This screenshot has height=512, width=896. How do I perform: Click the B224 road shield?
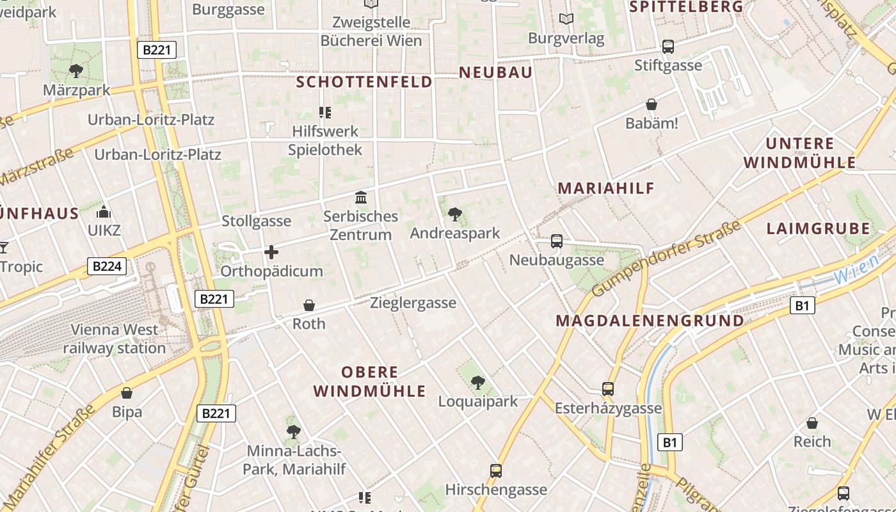107,266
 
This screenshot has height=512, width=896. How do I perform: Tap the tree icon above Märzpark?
76,70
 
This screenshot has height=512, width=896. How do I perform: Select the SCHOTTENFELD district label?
364,82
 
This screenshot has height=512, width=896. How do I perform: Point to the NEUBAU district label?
495,72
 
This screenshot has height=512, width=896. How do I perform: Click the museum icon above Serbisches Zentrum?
361,197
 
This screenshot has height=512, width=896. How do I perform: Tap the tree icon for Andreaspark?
455,214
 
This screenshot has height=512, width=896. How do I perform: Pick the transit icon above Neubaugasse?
557,241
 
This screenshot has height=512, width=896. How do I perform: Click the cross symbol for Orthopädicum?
271,252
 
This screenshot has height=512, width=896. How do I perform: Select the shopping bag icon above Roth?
309,305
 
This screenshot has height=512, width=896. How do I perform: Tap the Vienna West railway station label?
115,339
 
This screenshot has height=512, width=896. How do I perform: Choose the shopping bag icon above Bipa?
127,392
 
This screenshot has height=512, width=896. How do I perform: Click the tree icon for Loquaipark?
477,383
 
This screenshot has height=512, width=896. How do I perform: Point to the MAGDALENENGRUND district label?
650,321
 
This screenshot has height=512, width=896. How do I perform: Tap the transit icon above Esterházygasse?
608,388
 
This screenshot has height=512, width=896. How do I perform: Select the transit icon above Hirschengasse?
496,471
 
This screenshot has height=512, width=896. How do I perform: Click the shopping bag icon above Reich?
812,423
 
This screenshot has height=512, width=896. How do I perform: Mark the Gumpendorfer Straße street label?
666,259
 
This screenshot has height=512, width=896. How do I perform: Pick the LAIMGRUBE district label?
818,228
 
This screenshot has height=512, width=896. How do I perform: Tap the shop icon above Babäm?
652,104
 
